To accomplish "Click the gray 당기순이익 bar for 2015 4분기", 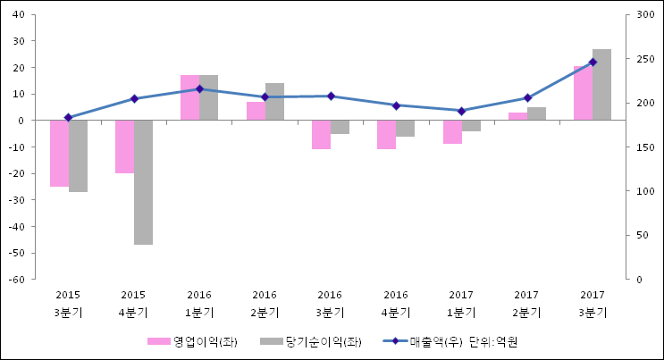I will coord(143,182).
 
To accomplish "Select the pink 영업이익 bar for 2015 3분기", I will coord(59,153).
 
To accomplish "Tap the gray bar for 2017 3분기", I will coord(601,85).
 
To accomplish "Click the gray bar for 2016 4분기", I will coord(406,129).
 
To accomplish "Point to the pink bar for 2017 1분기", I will coord(453,132).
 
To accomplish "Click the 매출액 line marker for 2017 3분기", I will coord(593,63).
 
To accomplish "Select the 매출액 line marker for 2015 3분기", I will coord(68,118).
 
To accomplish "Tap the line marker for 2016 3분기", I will coord(331,96).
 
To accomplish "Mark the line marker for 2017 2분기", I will coord(527,98).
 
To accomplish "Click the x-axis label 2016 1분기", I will coord(199,303).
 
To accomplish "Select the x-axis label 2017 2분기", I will coord(527,303).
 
